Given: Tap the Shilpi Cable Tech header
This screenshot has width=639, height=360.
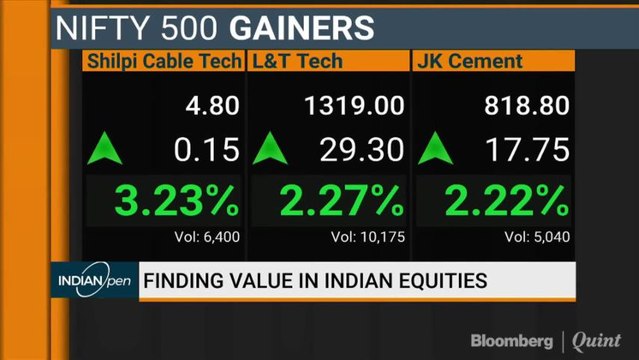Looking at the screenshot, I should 162,61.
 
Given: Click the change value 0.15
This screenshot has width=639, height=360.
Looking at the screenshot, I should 207,150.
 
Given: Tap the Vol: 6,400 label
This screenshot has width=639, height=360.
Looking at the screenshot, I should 205,238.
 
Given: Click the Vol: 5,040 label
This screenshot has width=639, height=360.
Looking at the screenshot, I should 536,238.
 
